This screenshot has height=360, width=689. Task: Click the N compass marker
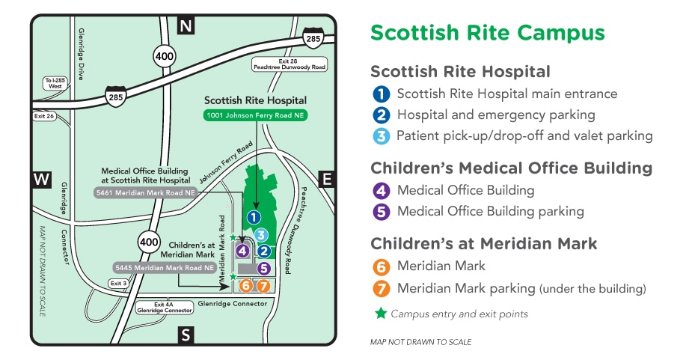point(186,27)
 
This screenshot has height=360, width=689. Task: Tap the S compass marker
point(186,335)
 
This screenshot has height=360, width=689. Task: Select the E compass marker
point(326,178)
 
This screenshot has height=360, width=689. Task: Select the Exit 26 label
point(44,116)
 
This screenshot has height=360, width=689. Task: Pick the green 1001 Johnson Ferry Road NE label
point(256,115)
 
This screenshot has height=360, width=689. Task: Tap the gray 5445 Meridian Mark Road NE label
point(165,266)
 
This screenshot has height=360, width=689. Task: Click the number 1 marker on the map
point(254,217)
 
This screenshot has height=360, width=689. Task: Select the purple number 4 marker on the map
point(242,251)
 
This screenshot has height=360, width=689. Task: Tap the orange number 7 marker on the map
point(262,285)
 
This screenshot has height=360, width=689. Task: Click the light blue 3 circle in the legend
point(382,136)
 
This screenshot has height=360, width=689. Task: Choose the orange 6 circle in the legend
point(382,266)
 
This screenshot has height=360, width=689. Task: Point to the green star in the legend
point(381,314)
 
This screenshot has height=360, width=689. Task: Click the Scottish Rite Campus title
point(487,33)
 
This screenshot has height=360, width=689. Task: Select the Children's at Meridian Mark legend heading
point(483,243)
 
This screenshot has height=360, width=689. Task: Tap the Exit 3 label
point(117,284)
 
